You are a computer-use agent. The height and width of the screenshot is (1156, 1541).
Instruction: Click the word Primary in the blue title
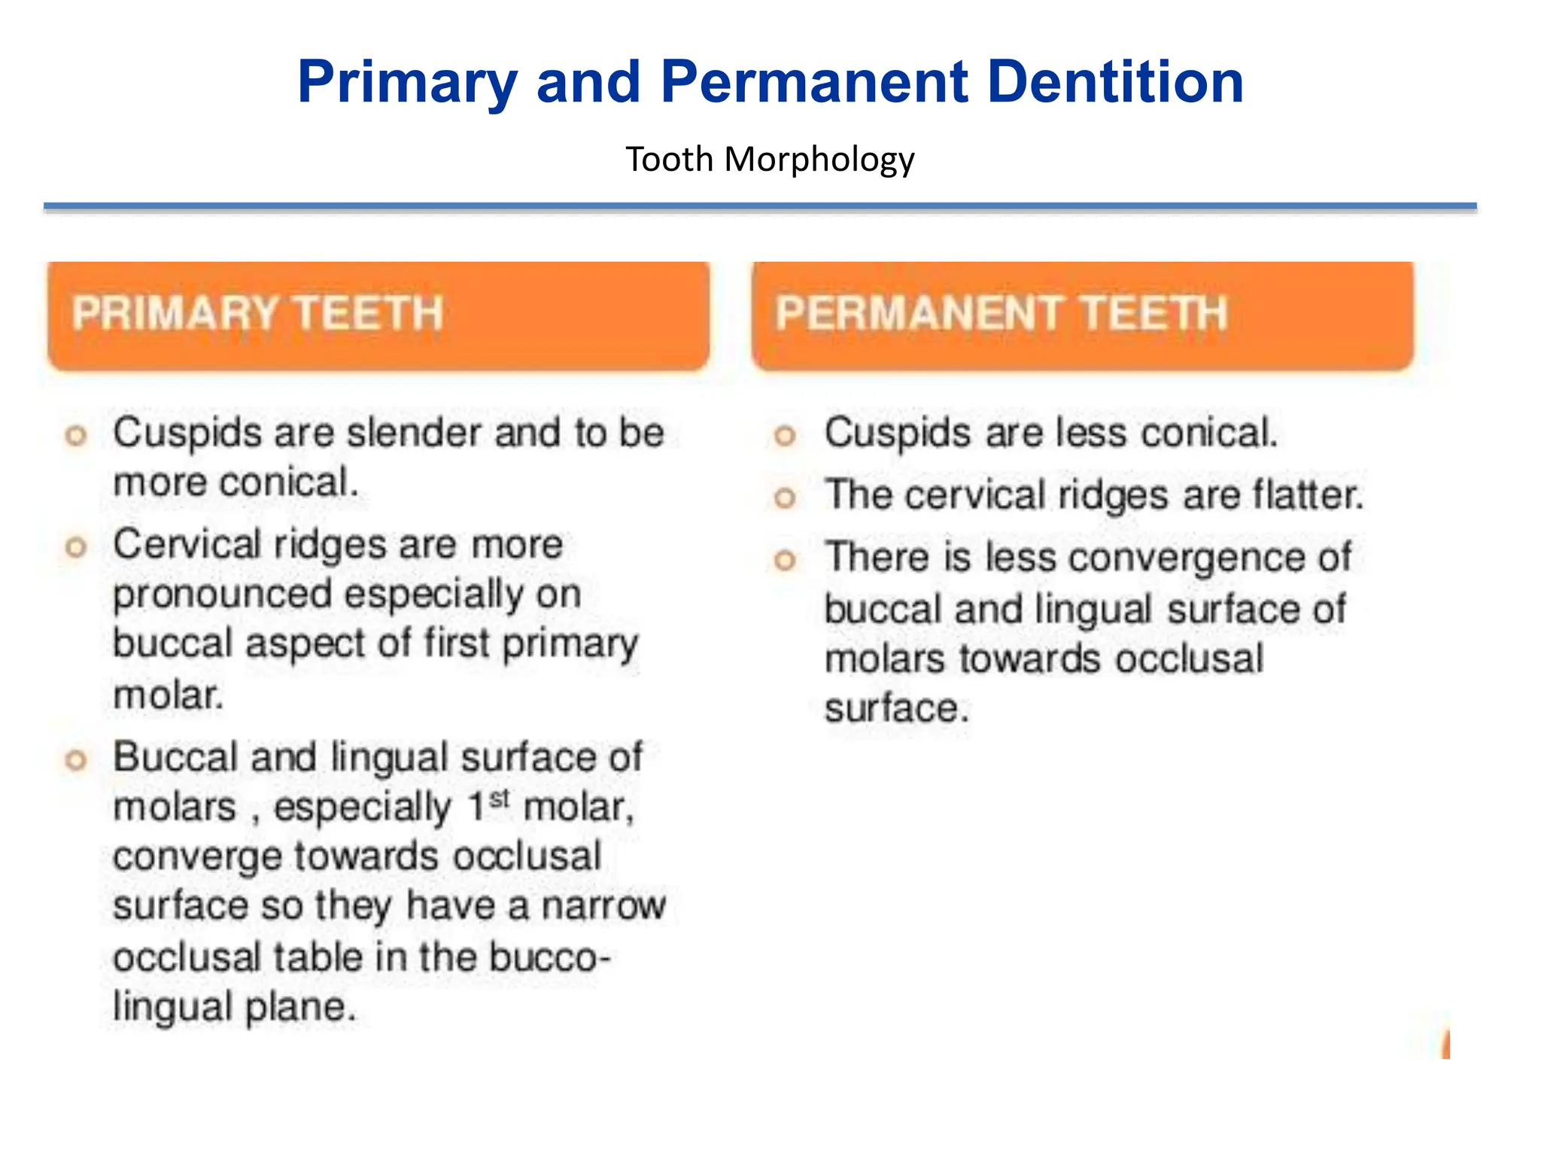pyautogui.click(x=407, y=83)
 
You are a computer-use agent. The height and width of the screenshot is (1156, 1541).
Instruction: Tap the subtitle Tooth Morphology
pyautogui.click(x=770, y=160)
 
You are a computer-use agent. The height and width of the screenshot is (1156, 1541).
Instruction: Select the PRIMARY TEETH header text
pyautogui.click(x=257, y=313)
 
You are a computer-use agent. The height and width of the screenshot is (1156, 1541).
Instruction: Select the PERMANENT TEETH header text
pyautogui.click(x=1001, y=313)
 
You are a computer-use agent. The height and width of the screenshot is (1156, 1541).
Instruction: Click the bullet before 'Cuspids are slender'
pyautogui.click(x=76, y=435)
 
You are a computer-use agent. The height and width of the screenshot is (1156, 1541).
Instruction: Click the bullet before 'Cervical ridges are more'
pyautogui.click(x=76, y=546)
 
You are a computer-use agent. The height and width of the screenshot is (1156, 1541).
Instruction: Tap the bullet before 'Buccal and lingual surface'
pyautogui.click(x=76, y=759)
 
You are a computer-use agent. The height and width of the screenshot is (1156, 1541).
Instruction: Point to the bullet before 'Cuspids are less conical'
pyautogui.click(x=785, y=435)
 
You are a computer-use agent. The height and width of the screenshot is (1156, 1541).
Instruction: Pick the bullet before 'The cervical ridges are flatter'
pyautogui.click(x=785, y=497)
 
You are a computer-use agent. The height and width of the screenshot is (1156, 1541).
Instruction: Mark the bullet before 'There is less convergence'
pyautogui.click(x=785, y=560)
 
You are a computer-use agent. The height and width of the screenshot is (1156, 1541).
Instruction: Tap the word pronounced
pyautogui.click(x=223, y=595)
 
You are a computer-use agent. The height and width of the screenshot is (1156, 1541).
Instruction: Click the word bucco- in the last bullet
pyautogui.click(x=549, y=957)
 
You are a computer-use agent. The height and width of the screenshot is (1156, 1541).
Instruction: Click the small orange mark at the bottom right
pyautogui.click(x=1445, y=1045)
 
